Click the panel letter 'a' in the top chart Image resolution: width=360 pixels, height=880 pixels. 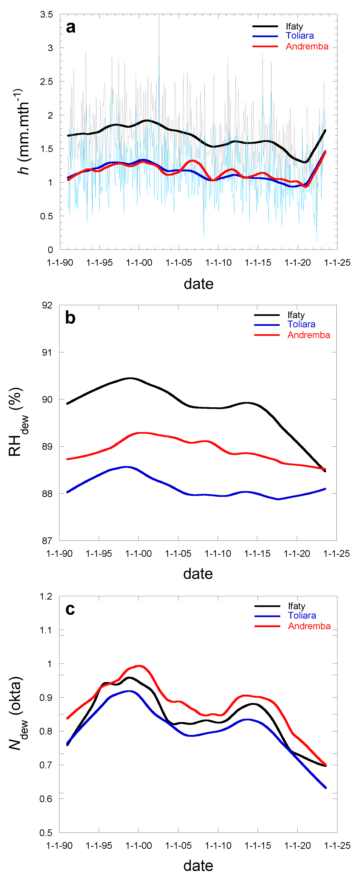coord(71,27)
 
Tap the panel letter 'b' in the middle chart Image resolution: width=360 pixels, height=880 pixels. coord(70,318)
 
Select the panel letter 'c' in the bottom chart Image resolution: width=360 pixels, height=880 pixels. coord(70,609)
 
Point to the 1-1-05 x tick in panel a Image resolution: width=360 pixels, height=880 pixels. coord(179,263)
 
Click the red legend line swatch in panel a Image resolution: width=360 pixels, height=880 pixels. coord(265,46)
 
